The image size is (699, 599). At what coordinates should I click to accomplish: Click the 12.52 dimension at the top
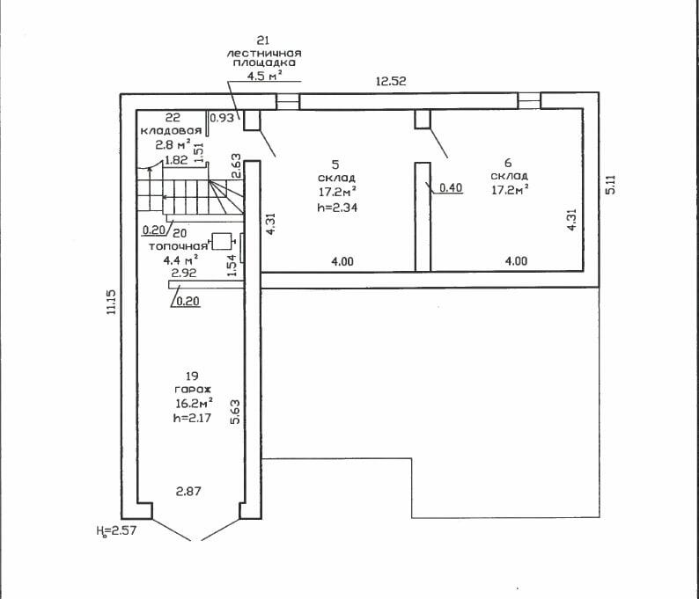pos(390,82)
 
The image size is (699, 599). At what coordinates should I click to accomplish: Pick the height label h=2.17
pos(194,419)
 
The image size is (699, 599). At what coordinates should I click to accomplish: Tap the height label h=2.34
pos(337,208)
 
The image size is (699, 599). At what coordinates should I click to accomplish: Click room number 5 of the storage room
pos(335,164)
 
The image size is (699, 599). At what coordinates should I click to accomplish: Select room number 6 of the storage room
pos(509,162)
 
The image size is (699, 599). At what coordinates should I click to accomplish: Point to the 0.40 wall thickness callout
pos(451,187)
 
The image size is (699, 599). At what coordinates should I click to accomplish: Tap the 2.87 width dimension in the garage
pos(191,490)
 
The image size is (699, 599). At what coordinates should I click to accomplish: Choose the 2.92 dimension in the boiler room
pos(183,274)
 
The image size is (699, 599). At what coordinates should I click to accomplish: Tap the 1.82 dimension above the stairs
pos(176,161)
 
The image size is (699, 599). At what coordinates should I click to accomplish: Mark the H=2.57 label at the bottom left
pos(115,531)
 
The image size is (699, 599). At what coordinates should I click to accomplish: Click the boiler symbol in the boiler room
pos(222,240)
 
